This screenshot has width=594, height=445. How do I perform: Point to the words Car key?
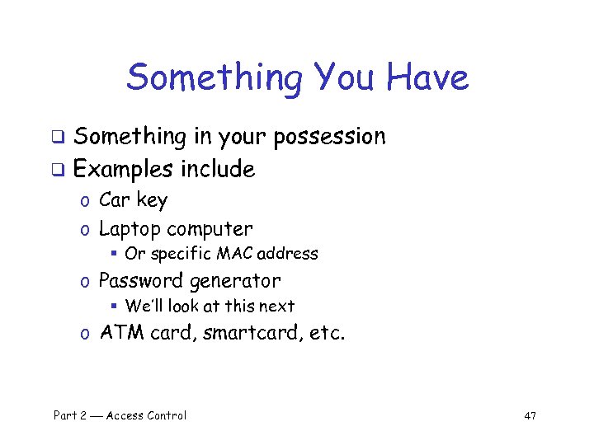(133, 200)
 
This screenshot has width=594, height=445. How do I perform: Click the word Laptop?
(129, 229)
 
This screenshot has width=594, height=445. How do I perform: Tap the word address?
(288, 254)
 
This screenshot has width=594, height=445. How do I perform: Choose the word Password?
(141, 281)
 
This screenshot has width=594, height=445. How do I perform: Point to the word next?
(277, 306)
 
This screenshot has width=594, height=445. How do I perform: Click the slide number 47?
(530, 415)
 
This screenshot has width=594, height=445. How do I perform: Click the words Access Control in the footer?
(146, 415)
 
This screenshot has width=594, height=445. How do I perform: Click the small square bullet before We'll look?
(115, 307)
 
